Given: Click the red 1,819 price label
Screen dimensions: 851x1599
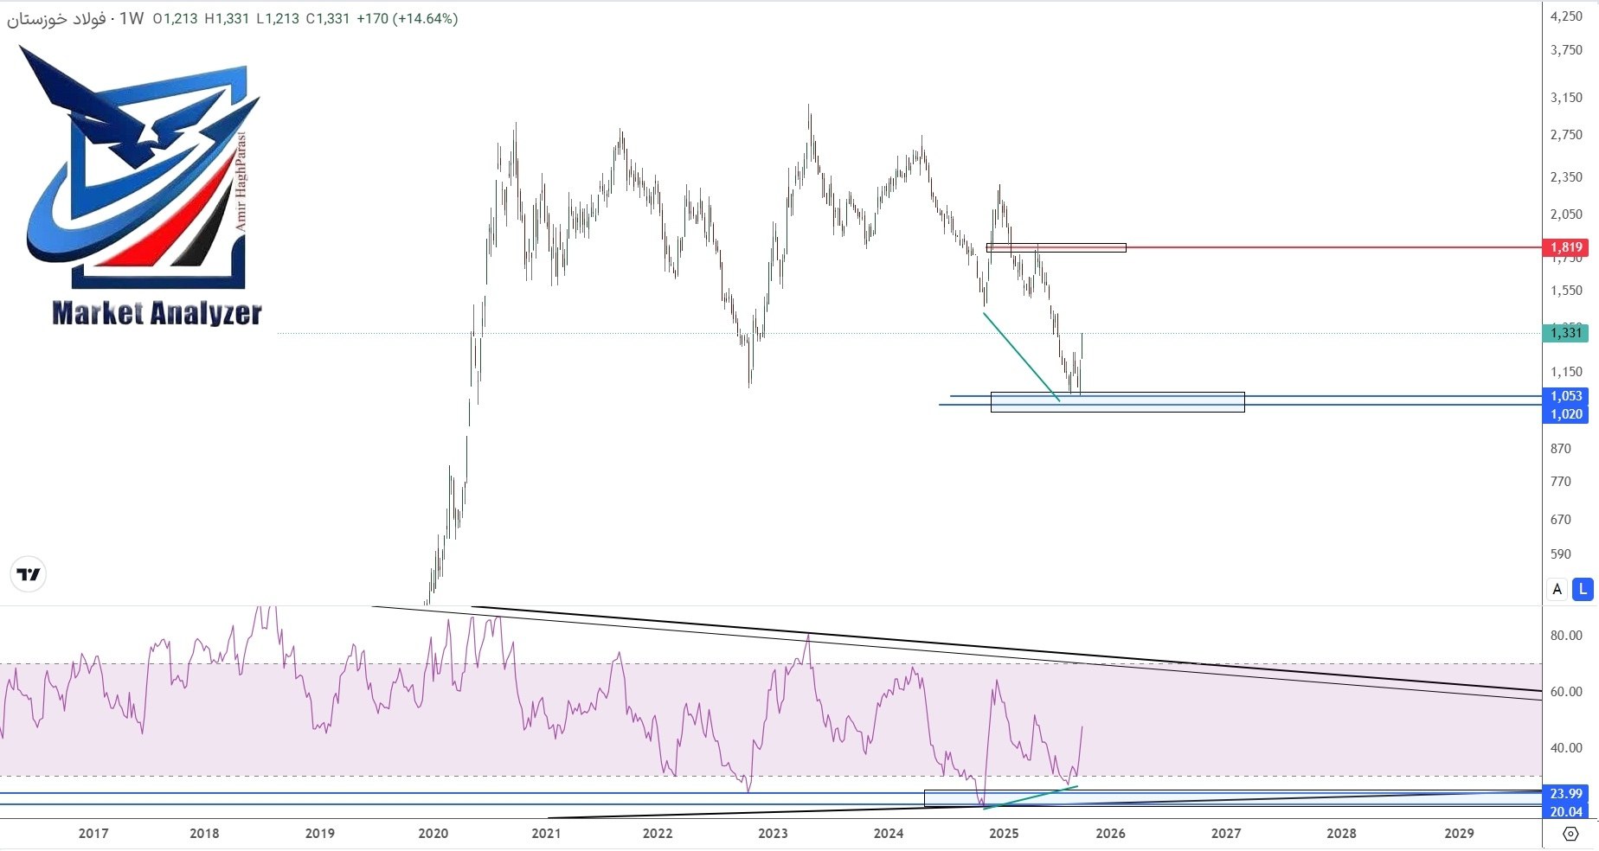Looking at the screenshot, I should tap(1566, 247).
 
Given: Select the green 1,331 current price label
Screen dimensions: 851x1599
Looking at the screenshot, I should tap(1566, 333).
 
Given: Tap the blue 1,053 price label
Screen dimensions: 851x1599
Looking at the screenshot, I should tap(1566, 396).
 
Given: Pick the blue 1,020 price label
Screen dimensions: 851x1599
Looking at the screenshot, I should tap(1566, 414).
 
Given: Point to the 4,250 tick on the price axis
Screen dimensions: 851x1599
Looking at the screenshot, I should tap(1566, 16).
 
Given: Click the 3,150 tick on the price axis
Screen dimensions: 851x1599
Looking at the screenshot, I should tap(1566, 98).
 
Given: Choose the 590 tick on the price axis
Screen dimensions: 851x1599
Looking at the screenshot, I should tap(1561, 554).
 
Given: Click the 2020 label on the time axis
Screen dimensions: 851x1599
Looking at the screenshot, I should tap(433, 834).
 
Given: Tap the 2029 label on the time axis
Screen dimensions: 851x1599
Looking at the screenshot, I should tap(1459, 834).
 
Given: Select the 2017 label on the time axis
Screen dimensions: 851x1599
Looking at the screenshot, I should tap(93, 834).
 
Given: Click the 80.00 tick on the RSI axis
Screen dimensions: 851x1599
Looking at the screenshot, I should tap(1566, 636).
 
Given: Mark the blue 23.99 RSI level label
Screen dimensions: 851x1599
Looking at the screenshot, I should tap(1566, 794).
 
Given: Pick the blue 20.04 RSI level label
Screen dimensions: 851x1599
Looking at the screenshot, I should tap(1566, 812).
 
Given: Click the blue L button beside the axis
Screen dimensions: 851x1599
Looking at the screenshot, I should tap(1583, 589).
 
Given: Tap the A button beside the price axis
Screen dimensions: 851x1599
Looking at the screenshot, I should tap(1557, 589).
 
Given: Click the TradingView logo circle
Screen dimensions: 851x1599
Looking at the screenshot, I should tap(29, 574).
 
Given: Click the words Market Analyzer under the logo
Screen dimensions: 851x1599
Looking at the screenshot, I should tap(157, 313).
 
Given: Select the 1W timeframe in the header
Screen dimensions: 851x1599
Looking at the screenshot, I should tap(132, 18).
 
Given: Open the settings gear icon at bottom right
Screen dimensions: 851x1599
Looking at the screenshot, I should tap(1570, 834).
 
